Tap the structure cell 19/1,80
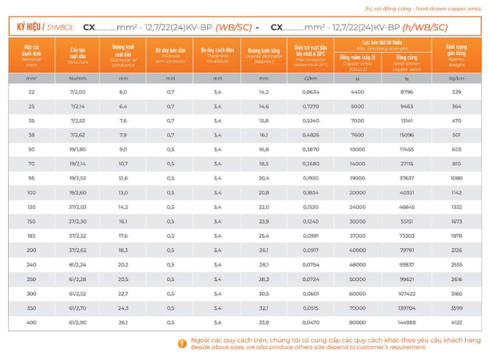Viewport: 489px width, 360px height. pos(78,148)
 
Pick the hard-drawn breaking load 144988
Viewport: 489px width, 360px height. pos(407,322)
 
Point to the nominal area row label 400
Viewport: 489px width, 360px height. pos(31,322)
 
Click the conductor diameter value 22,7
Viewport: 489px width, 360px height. pos(124,293)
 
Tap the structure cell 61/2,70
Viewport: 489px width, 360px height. pos(78,307)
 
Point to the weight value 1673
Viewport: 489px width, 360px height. pos(456,220)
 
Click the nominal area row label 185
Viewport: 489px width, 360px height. pos(31,235)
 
